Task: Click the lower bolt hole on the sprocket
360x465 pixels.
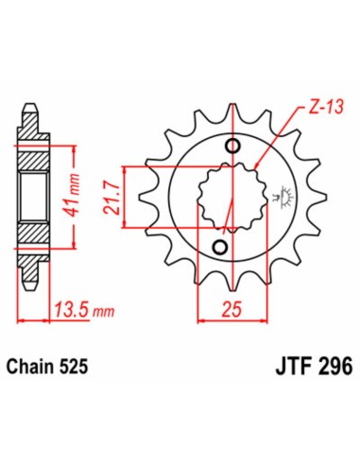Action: pyautogui.click(x=219, y=248)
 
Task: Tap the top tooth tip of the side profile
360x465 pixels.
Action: pyautogui.click(x=30, y=103)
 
